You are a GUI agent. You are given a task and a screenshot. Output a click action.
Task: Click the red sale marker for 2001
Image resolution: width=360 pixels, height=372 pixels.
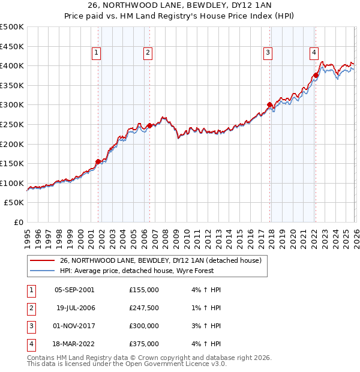coord(98,161)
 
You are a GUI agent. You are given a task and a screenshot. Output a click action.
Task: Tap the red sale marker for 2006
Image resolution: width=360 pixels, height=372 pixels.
coord(149,125)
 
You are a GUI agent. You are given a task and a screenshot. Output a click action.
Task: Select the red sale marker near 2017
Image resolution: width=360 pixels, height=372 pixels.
coord(269,105)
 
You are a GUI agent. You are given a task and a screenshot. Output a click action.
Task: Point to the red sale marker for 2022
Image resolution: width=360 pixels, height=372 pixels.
coord(316,76)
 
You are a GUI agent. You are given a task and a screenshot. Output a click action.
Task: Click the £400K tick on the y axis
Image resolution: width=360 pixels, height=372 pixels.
coord(12,65)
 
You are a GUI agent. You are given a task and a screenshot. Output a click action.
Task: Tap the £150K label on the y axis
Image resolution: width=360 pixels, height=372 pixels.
coord(12,163)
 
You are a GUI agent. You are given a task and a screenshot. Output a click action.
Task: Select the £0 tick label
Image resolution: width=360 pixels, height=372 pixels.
coord(18,222)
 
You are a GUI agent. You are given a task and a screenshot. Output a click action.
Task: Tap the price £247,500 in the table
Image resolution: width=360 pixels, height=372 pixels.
coord(143,308)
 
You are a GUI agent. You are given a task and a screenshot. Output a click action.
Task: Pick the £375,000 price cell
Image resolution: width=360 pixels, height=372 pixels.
coord(143,344)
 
